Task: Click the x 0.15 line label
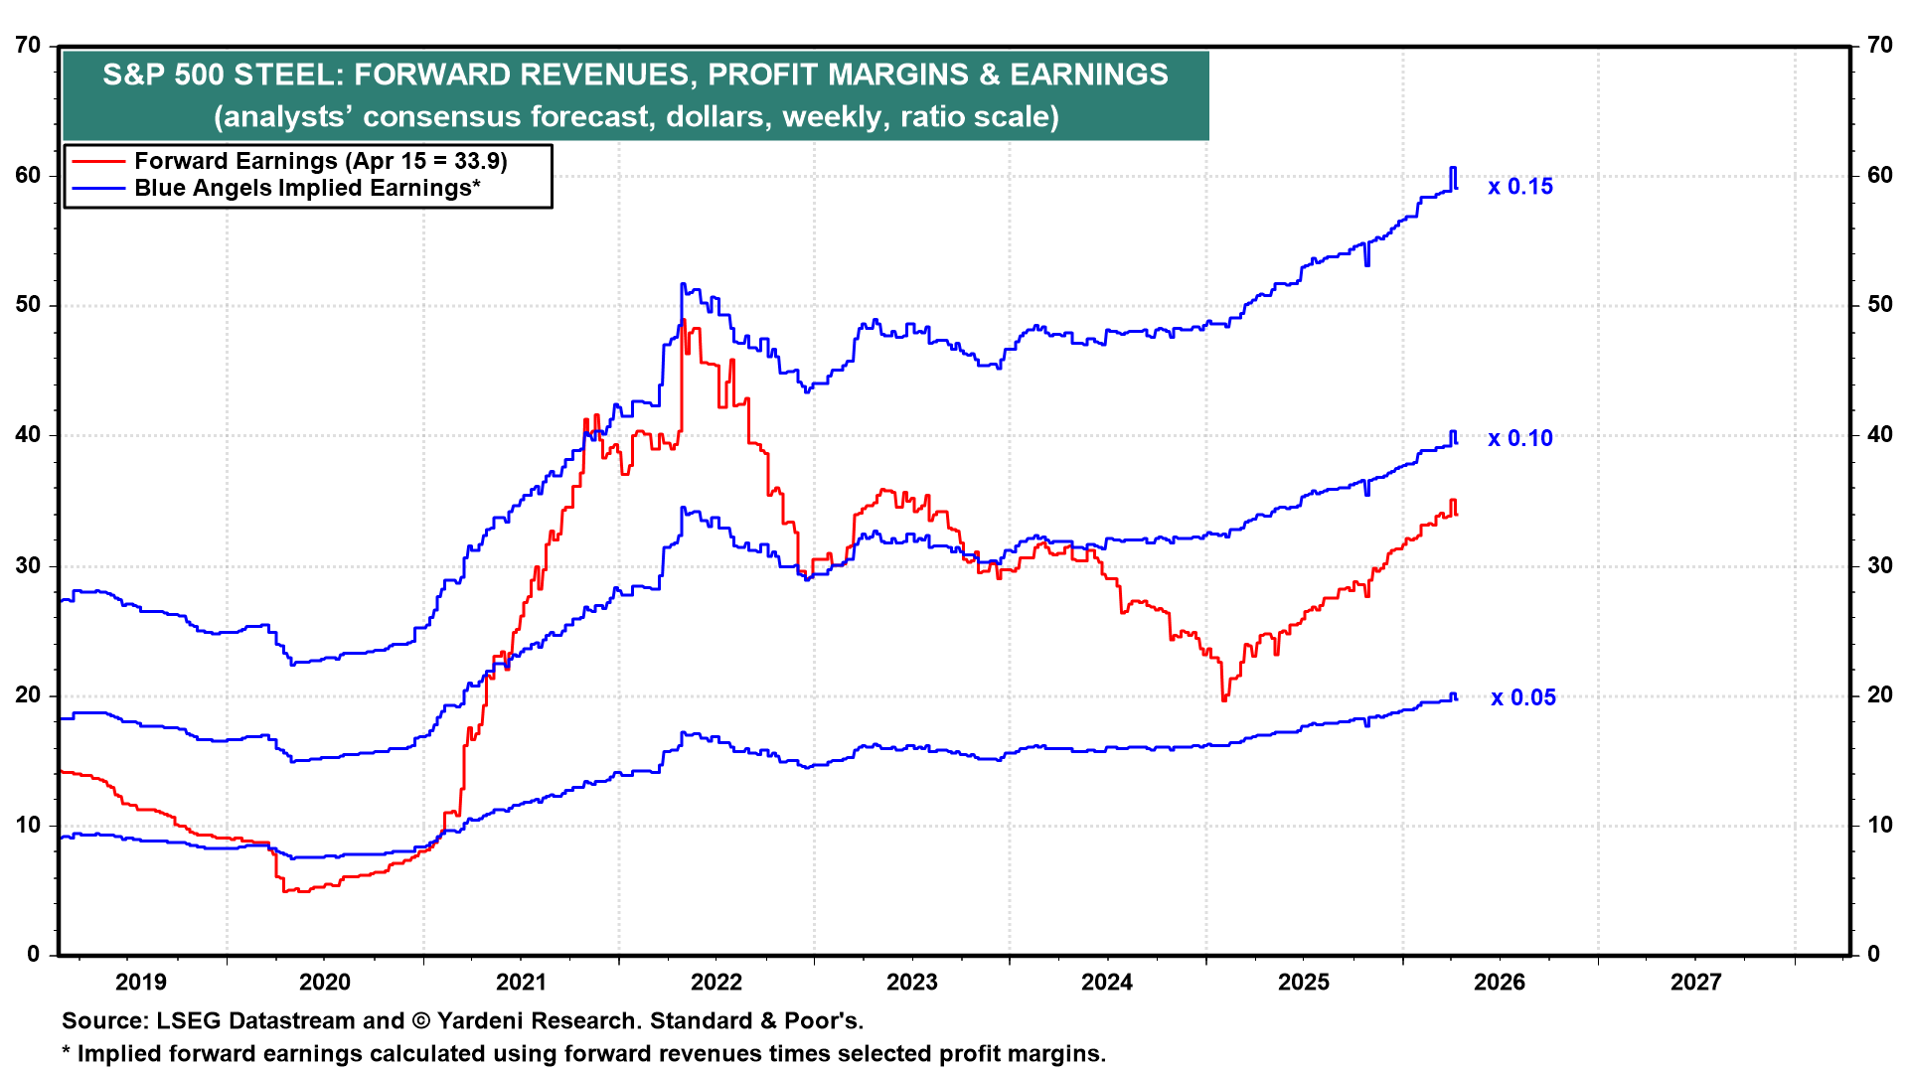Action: (1519, 187)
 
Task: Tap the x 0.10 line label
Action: (1519, 438)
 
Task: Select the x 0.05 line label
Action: (1522, 697)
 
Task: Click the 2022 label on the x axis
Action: (716, 983)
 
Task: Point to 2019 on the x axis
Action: (141, 983)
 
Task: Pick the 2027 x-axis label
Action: (1695, 983)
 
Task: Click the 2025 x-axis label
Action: (1303, 983)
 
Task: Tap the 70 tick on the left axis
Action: (29, 46)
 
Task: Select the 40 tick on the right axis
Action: (1879, 435)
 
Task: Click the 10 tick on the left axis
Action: (29, 825)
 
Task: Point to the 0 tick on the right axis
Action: (1873, 955)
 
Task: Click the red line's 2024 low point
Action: (1223, 700)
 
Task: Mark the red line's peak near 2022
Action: (683, 320)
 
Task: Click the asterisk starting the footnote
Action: (67, 1053)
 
